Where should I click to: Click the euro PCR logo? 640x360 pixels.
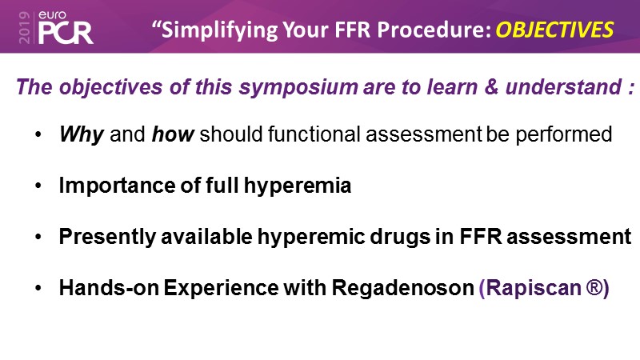coord(66,27)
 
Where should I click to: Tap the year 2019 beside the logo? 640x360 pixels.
coord(25,27)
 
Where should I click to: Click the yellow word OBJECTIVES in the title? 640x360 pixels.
coord(554,30)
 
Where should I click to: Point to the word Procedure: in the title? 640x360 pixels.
coord(434,30)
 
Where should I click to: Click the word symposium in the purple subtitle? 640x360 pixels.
coord(298,87)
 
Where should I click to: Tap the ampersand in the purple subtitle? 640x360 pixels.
coord(491,86)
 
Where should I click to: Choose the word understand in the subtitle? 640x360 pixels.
coord(564,86)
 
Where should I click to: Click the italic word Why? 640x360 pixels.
coord(82,134)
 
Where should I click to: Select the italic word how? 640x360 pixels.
coord(173,134)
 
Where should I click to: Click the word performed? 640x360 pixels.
coord(564,134)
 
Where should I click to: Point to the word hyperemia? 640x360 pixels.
coord(297,186)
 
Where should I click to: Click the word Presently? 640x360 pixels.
coord(107,237)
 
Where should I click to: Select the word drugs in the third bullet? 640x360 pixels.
coord(400,237)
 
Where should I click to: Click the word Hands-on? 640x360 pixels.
coord(109,288)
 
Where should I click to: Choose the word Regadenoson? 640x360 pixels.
coord(402,288)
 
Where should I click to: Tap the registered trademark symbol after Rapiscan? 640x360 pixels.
coord(594,286)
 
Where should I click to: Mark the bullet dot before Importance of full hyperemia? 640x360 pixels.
coord(38,186)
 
